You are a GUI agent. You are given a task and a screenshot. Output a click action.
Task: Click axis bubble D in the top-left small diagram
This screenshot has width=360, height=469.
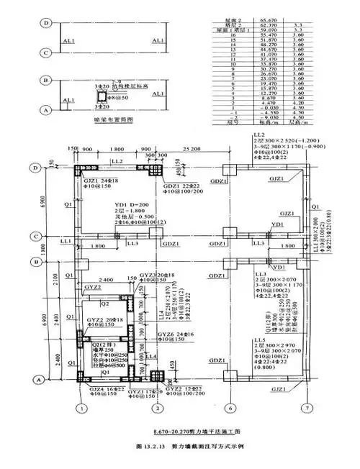coord(47,23)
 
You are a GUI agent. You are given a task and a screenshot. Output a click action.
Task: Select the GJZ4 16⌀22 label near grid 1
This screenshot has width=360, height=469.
coord(99,389)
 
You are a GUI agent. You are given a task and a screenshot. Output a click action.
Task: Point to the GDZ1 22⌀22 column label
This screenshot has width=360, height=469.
coord(178,185)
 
